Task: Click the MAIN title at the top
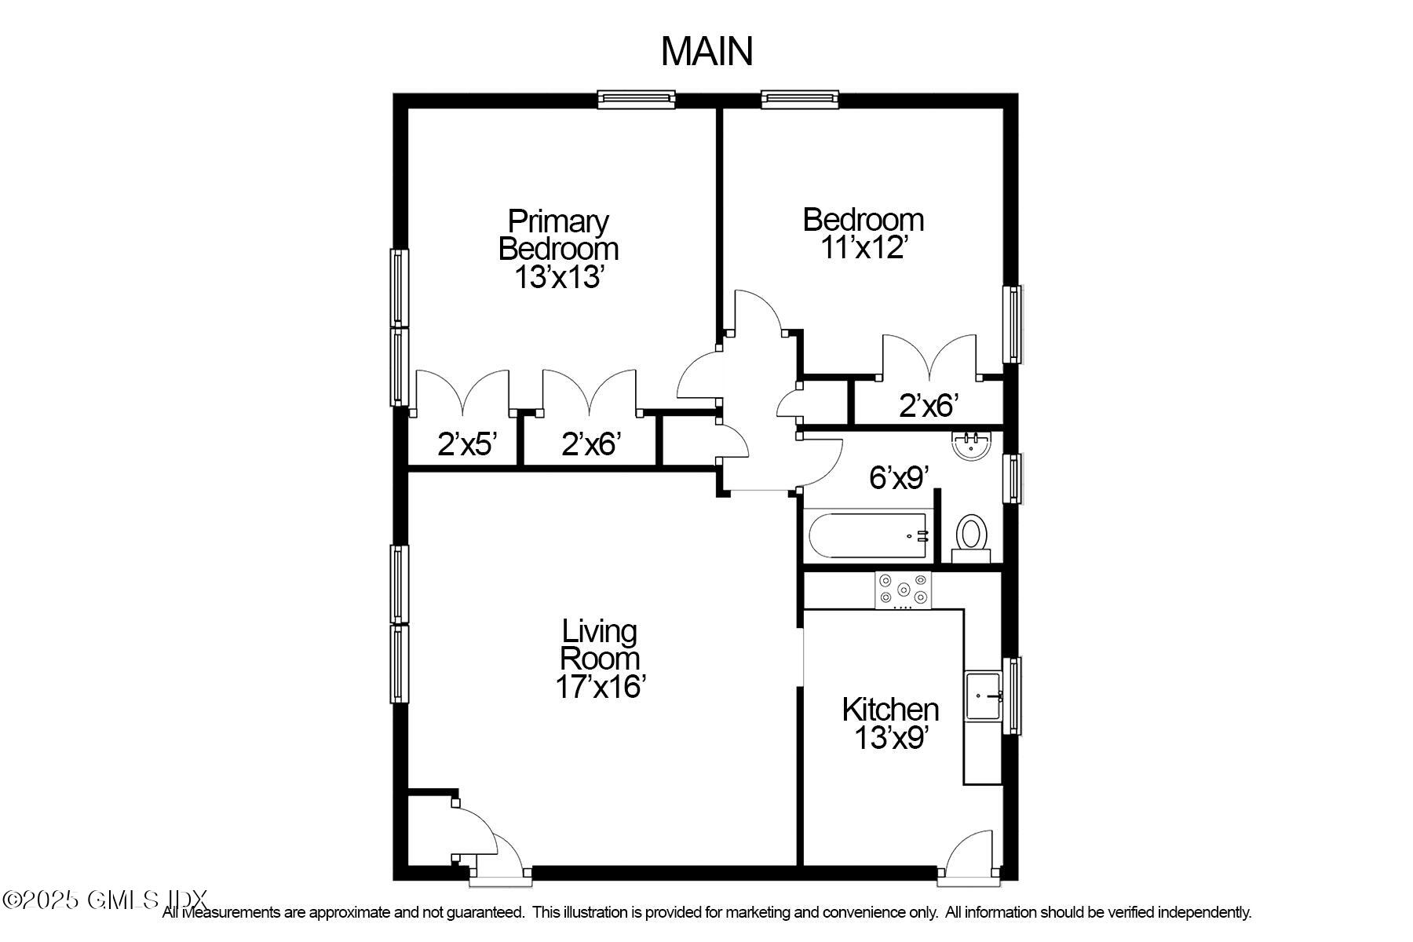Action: (x=706, y=52)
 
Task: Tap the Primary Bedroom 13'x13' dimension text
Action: (x=558, y=277)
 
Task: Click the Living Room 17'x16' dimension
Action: (x=601, y=686)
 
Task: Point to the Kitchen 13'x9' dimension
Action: (x=891, y=738)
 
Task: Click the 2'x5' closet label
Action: (x=467, y=445)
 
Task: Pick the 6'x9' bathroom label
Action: (x=899, y=477)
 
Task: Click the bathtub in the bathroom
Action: (x=868, y=536)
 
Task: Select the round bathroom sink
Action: (x=972, y=446)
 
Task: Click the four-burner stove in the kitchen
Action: (x=903, y=590)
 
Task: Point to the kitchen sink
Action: (x=983, y=695)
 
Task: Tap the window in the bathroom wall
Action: (x=1013, y=477)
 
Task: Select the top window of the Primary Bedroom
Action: (x=636, y=98)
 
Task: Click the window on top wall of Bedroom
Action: (x=800, y=98)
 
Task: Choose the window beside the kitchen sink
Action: (x=1013, y=696)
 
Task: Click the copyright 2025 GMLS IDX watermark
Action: (x=104, y=900)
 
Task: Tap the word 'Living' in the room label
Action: (x=599, y=631)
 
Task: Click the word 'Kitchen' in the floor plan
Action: (x=890, y=710)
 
